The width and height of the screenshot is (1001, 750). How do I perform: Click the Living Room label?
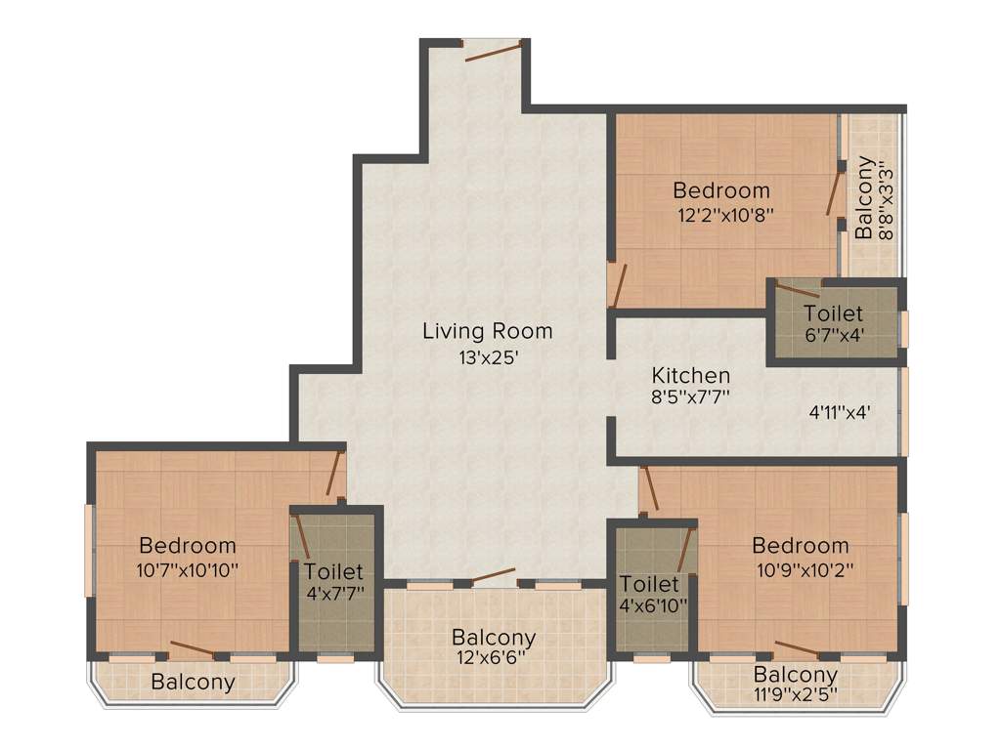point(487,331)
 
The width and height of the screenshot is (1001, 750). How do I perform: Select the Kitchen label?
point(691,375)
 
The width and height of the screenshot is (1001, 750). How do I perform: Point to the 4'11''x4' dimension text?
point(840,412)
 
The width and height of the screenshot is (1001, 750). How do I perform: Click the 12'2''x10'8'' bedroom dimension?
point(726,216)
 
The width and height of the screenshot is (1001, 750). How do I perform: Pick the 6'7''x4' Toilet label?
point(833,313)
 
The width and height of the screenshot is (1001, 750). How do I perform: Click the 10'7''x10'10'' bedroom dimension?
point(187,569)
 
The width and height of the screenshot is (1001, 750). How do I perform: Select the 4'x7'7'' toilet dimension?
point(334,595)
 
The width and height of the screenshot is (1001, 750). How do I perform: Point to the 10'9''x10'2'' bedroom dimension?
point(800,570)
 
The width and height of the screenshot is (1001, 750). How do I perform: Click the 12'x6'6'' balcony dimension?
point(493,658)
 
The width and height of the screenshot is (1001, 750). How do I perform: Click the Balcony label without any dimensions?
point(193,683)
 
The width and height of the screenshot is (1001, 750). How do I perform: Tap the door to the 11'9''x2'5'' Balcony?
point(797,651)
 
